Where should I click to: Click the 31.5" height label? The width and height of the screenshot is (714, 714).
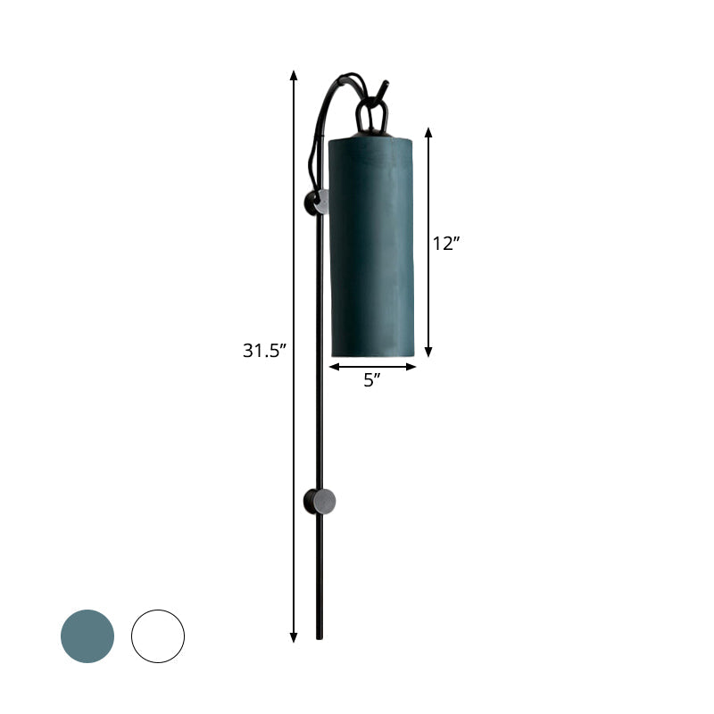(263, 351)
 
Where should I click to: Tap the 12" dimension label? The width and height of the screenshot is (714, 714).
(445, 243)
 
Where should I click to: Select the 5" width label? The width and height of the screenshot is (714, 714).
(372, 380)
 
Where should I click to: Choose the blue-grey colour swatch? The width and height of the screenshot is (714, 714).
(87, 636)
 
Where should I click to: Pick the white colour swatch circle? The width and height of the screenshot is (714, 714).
(158, 636)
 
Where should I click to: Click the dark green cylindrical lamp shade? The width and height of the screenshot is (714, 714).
(373, 245)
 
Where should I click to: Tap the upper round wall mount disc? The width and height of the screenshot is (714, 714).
(317, 203)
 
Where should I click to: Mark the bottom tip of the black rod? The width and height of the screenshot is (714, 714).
(320, 637)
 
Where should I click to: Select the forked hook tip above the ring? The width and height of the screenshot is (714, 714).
(385, 85)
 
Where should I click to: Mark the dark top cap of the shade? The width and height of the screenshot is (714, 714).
(372, 137)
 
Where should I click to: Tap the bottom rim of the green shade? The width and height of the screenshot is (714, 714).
(373, 353)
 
